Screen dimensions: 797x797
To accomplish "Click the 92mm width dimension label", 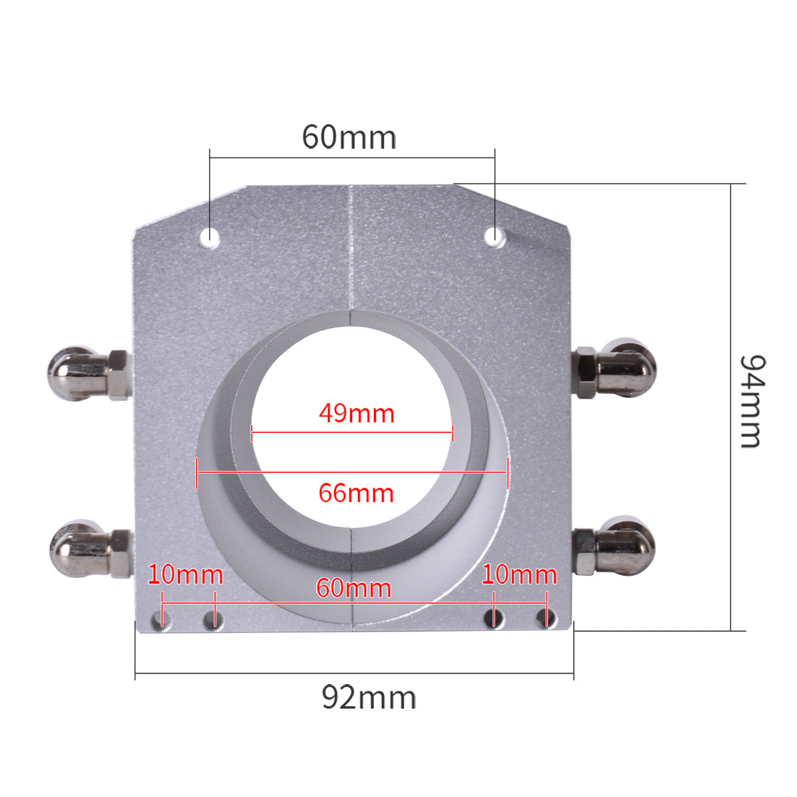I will pyautogui.click(x=369, y=697).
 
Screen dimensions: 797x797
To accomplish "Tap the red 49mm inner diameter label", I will pyautogui.click(x=357, y=413).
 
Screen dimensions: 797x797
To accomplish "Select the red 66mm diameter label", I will pyautogui.click(x=356, y=493).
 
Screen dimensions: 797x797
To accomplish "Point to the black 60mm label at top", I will pyautogui.click(x=349, y=137).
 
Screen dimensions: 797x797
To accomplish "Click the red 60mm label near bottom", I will pyautogui.click(x=353, y=588).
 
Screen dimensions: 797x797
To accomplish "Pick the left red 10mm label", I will pyautogui.click(x=185, y=575).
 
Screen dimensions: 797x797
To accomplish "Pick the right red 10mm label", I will pyautogui.click(x=519, y=575).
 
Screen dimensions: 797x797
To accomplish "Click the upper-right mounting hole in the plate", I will pyautogui.click(x=493, y=235).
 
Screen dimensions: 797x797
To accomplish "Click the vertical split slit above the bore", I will pyautogui.click(x=351, y=252).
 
